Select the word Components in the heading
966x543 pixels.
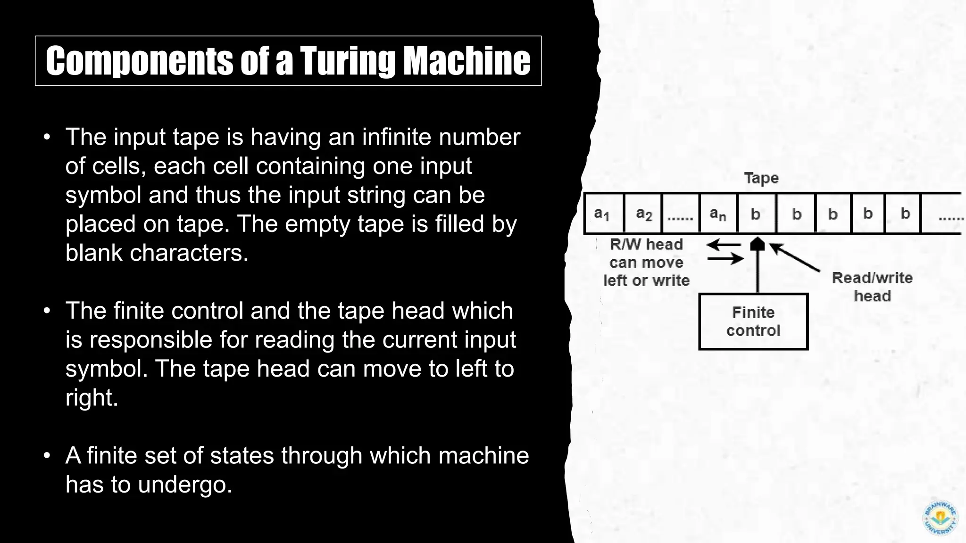(139, 61)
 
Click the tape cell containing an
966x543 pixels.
(717, 214)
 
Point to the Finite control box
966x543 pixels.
(753, 321)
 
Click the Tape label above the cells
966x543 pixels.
(761, 178)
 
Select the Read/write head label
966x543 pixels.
(872, 287)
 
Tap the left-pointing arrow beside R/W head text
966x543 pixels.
(723, 245)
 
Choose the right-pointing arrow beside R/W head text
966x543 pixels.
(725, 258)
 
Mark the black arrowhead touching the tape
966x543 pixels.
(757, 244)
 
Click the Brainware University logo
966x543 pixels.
(940, 518)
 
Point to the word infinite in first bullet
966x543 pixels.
(397, 137)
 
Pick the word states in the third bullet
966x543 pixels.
(241, 456)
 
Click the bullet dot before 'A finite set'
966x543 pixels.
(46, 456)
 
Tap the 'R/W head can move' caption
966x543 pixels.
(646, 262)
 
